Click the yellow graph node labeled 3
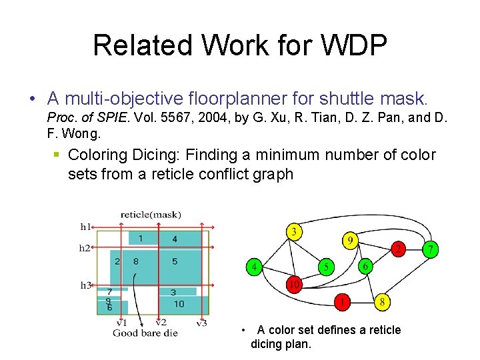294,233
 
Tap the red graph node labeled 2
398,249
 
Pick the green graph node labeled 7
431,249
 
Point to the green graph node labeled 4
254,267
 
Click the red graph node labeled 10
294,285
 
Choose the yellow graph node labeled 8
383,301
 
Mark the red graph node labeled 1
343,301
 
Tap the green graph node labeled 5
326,267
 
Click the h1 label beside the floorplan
85,227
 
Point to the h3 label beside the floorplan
85,285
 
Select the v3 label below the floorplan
202,323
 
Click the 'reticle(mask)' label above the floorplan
151,215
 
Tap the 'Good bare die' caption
145,333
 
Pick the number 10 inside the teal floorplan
179,304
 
